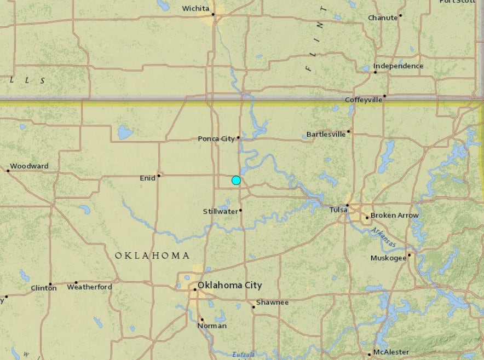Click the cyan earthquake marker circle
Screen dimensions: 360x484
236,181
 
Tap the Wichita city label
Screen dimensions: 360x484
196,8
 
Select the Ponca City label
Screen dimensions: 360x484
216,139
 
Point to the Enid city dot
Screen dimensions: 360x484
159,176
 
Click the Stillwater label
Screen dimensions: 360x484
220,211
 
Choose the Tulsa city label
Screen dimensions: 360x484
339,210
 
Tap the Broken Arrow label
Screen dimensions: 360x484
395,216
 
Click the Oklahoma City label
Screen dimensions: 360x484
229,286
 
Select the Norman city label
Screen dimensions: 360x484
212,326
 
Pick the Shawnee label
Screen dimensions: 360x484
272,302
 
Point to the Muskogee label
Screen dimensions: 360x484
388,258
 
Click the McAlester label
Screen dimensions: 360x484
391,352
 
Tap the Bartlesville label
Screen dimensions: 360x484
326,134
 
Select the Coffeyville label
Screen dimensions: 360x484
364,100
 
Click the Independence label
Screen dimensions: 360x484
398,66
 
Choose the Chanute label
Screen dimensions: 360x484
383,18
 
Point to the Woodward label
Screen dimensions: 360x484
29,166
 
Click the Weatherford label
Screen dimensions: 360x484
89,287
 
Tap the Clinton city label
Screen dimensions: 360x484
43,288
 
